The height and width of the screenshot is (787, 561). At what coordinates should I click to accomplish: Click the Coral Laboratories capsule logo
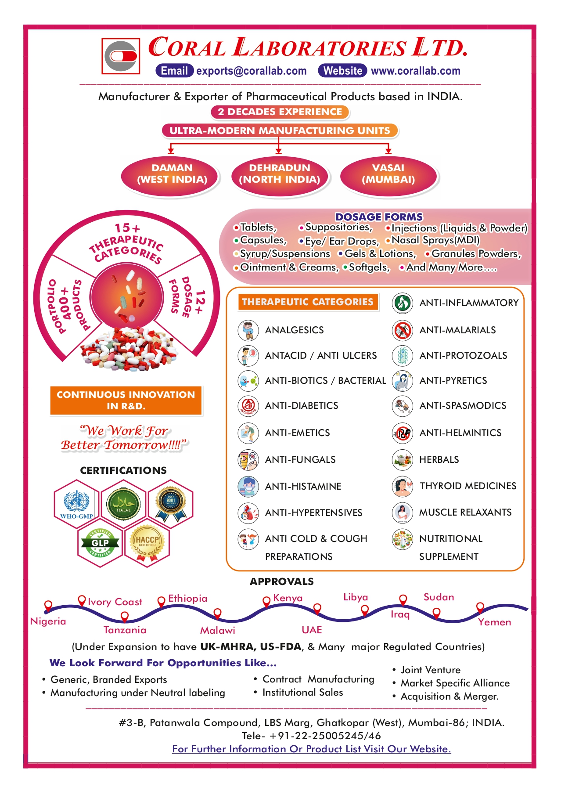click(x=121, y=56)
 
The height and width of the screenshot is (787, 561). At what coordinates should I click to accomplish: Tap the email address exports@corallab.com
click(x=252, y=71)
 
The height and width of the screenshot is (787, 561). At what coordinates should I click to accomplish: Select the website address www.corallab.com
click(x=416, y=71)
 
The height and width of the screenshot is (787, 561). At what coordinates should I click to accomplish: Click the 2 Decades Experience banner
click(x=280, y=112)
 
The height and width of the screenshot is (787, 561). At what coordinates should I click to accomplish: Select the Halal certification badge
click(x=124, y=503)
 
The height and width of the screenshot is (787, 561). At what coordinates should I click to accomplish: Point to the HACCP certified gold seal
click(x=147, y=544)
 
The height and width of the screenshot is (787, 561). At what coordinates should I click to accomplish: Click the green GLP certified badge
click(x=100, y=544)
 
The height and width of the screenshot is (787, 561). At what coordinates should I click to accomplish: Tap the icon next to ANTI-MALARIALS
click(x=403, y=330)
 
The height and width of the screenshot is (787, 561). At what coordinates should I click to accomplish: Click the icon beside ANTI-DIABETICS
click(x=248, y=406)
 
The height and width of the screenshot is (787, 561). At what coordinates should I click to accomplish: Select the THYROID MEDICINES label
click(x=468, y=486)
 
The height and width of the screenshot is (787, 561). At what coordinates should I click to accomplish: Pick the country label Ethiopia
click(x=188, y=598)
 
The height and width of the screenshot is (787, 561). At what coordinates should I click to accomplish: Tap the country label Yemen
click(x=495, y=622)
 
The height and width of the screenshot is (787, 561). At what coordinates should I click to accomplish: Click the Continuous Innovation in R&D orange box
click(x=126, y=401)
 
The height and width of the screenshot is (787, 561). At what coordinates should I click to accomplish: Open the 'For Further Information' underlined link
click(x=312, y=749)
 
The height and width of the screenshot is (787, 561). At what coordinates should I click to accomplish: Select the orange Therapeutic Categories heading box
click(x=308, y=302)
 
